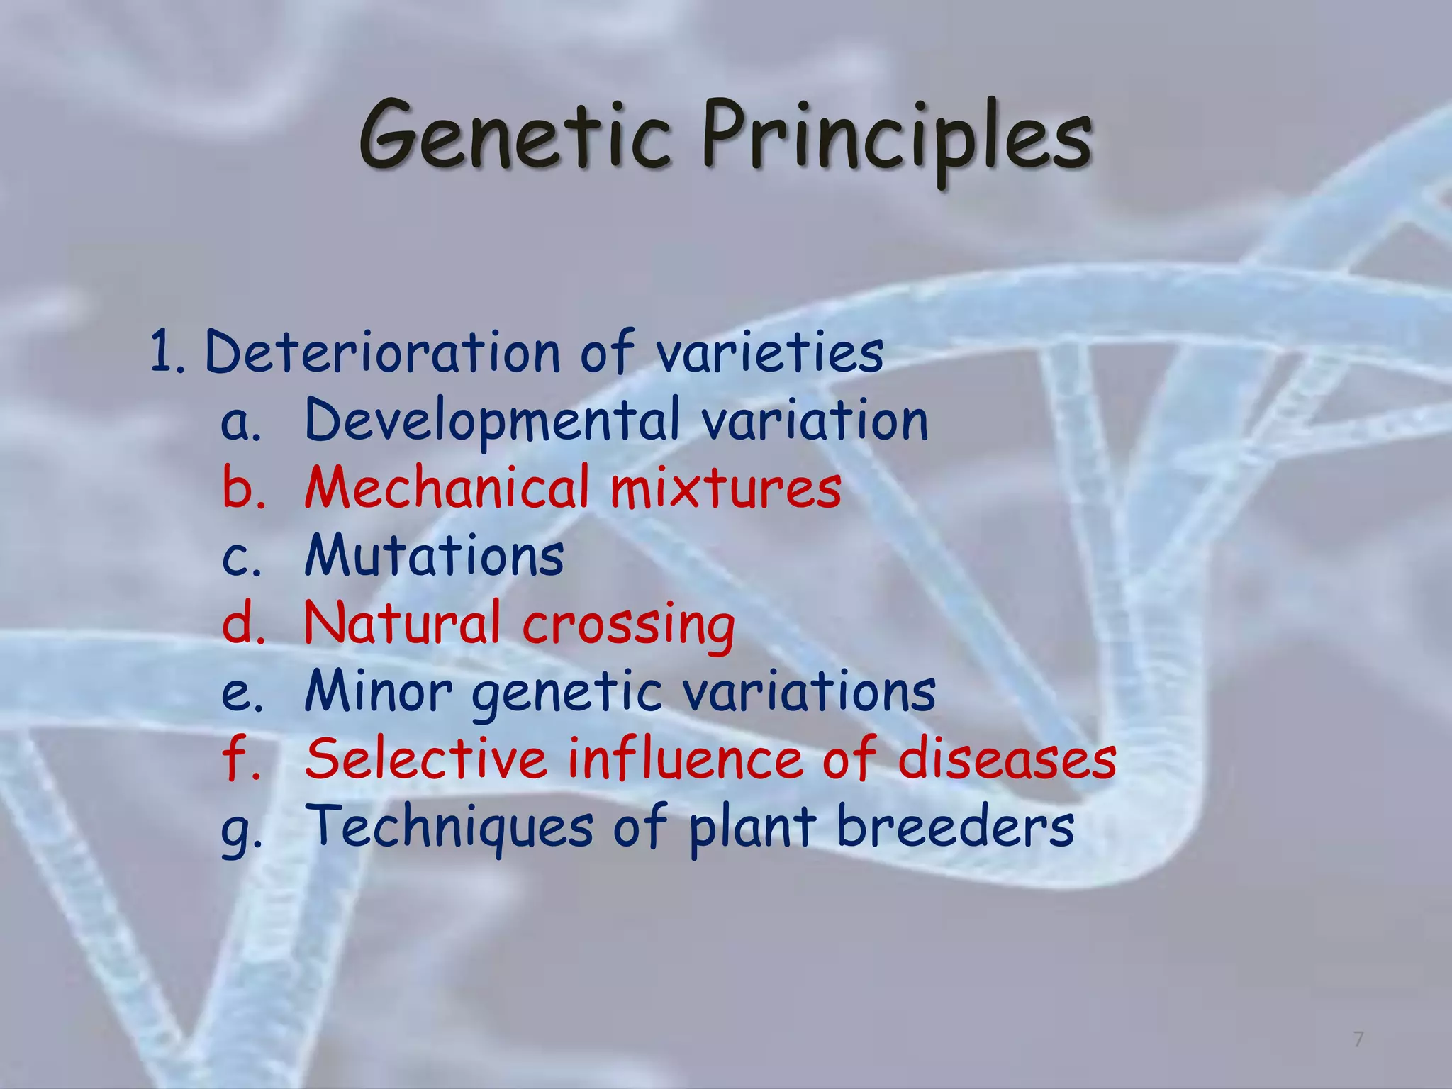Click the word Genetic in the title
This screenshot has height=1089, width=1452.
tap(515, 135)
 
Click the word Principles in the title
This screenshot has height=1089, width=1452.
tap(897, 138)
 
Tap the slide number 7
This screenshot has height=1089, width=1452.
tap(1358, 1039)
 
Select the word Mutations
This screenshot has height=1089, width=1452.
tap(434, 555)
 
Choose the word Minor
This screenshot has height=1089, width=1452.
tap(378, 691)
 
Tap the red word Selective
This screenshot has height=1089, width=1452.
tap(426, 759)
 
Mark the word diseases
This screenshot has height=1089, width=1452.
tap(1007, 759)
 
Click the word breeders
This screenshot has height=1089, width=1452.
tap(955, 827)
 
